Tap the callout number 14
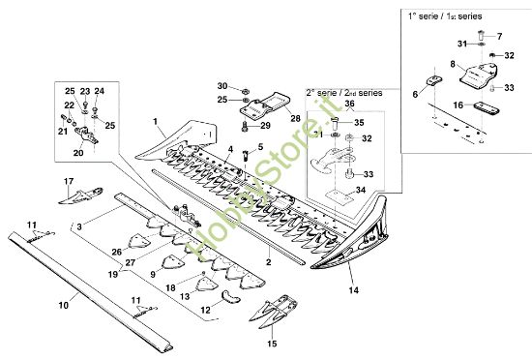coord(352,289)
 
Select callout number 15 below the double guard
coord(272,343)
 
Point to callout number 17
coord(69,181)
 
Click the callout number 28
coord(294,117)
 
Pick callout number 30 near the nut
coord(221,86)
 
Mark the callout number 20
coord(78,152)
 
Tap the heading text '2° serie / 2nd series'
coord(343,92)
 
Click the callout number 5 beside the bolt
coord(260,145)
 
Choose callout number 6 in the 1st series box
coord(416,94)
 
